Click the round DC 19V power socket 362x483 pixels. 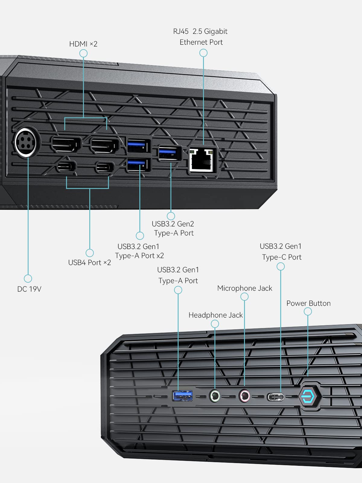point(27,142)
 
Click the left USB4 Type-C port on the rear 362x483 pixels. point(67,167)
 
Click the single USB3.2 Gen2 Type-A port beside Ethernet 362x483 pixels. point(170,153)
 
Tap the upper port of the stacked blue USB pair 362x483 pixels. point(138,146)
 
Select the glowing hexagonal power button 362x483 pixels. point(310,396)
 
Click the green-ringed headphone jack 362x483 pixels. point(215,396)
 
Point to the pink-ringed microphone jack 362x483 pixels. point(244,396)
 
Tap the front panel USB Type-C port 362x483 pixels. point(275,397)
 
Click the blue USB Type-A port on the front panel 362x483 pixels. point(183,396)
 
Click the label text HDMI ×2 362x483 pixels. point(83,44)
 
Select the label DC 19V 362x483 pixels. point(29,289)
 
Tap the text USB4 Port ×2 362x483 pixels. point(90,263)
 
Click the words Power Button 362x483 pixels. point(308,303)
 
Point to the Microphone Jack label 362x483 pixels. point(245,288)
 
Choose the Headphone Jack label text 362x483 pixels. point(215,315)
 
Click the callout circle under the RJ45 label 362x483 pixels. point(203,53)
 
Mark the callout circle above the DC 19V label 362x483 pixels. point(28,278)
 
